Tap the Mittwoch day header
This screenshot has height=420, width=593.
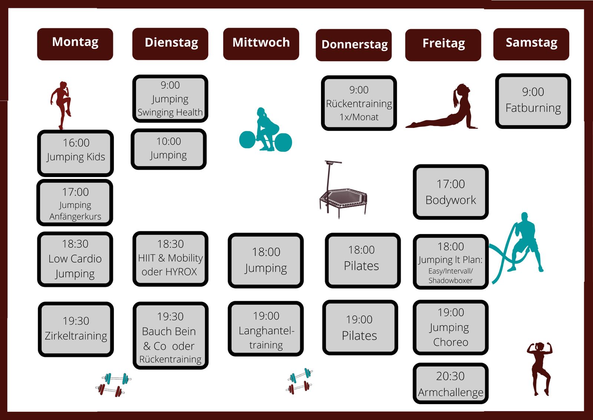pyautogui.click(x=261, y=43)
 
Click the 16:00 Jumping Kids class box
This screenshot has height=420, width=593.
pyautogui.click(x=76, y=153)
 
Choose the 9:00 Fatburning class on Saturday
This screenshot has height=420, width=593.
pyautogui.click(x=533, y=101)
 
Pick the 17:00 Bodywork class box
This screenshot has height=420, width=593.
pyautogui.click(x=451, y=192)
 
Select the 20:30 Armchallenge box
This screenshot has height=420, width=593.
pyautogui.click(x=450, y=384)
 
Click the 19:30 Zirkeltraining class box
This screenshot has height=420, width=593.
pyautogui.click(x=76, y=329)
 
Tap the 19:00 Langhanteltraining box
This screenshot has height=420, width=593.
pyautogui.click(x=266, y=329)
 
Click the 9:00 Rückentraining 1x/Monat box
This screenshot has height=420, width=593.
pyautogui.click(x=359, y=103)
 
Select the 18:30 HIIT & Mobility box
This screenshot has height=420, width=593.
pyautogui.click(x=170, y=259)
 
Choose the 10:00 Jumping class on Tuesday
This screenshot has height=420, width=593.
pyautogui.click(x=169, y=149)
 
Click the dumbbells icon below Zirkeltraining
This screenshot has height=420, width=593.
pyautogui.click(x=113, y=384)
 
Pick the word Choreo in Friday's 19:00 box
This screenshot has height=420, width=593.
pyautogui.click(x=451, y=342)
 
